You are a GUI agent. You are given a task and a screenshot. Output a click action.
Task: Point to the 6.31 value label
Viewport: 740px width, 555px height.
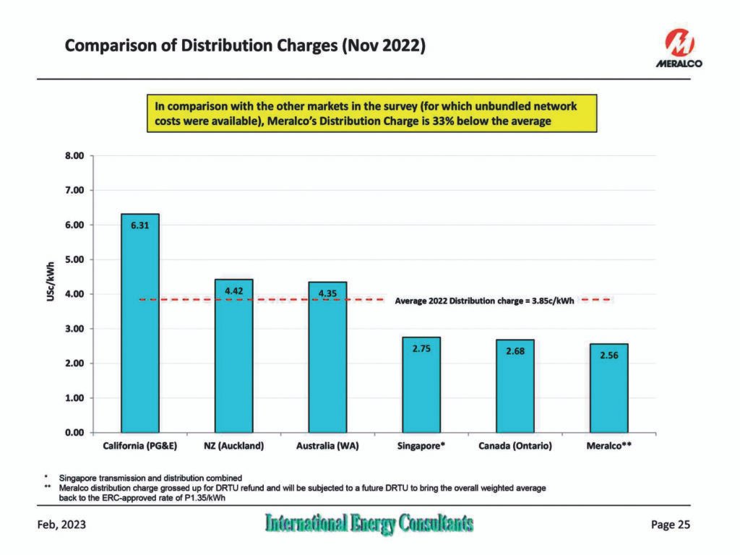coord(140,225)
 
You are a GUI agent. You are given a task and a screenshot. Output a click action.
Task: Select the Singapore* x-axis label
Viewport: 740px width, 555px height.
coord(421,447)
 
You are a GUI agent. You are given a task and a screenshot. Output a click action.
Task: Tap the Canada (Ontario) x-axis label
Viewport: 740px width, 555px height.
coord(515,447)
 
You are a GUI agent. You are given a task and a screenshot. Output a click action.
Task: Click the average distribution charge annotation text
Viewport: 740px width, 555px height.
coord(484,300)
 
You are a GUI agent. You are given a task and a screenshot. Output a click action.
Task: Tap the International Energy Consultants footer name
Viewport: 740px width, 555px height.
coord(369,524)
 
